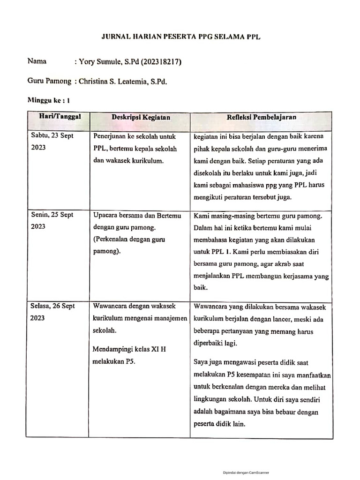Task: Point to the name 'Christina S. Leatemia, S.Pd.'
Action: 123,81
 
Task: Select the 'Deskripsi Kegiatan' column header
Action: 141,117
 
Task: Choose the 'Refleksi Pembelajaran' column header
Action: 261,117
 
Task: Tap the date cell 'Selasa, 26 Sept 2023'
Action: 52,312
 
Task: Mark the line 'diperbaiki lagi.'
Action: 215,343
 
